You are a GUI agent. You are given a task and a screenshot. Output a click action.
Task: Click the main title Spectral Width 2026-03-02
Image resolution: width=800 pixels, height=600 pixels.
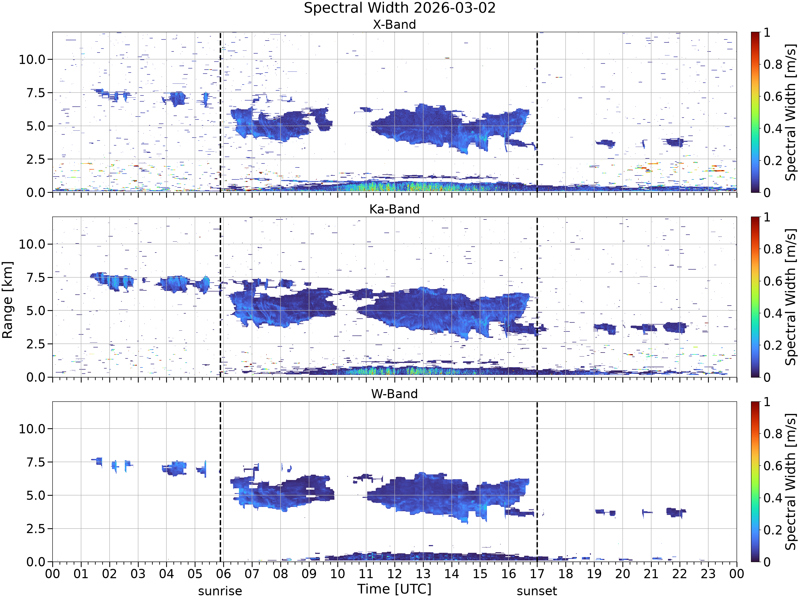pyautogui.click(x=400, y=8)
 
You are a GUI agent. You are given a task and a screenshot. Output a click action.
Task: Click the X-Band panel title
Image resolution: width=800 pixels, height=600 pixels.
pyautogui.click(x=395, y=25)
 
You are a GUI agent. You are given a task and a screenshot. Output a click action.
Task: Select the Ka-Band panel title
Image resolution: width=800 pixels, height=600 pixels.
pyautogui.click(x=395, y=209)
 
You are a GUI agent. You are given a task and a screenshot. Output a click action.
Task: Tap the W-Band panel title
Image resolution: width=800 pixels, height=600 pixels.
pyautogui.click(x=395, y=394)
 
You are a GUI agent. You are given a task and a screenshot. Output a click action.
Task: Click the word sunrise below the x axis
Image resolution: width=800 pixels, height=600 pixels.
pyautogui.click(x=220, y=591)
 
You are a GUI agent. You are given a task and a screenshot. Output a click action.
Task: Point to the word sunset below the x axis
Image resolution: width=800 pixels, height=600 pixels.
pyautogui.click(x=537, y=591)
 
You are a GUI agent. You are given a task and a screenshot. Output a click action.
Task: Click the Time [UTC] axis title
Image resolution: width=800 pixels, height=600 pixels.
pyautogui.click(x=395, y=589)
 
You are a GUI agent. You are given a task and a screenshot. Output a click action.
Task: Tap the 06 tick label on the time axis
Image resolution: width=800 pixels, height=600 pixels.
pyautogui.click(x=223, y=574)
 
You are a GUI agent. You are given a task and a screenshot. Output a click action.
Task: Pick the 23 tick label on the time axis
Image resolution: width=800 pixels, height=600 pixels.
pyautogui.click(x=708, y=574)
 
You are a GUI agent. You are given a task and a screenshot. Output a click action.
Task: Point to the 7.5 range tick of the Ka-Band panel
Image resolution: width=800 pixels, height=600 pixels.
pyautogui.click(x=37, y=277)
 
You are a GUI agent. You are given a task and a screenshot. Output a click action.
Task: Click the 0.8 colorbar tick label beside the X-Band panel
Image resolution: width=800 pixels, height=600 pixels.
pyautogui.click(x=773, y=64)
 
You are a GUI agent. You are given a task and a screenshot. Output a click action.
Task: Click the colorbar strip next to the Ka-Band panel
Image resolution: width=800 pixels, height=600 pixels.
pyautogui.click(x=755, y=297)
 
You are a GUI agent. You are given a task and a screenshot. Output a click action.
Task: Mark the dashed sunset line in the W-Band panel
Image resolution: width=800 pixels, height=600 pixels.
pyautogui.click(x=537, y=482)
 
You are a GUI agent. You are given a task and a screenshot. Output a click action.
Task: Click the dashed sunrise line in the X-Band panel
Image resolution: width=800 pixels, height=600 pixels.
pyautogui.click(x=220, y=112)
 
